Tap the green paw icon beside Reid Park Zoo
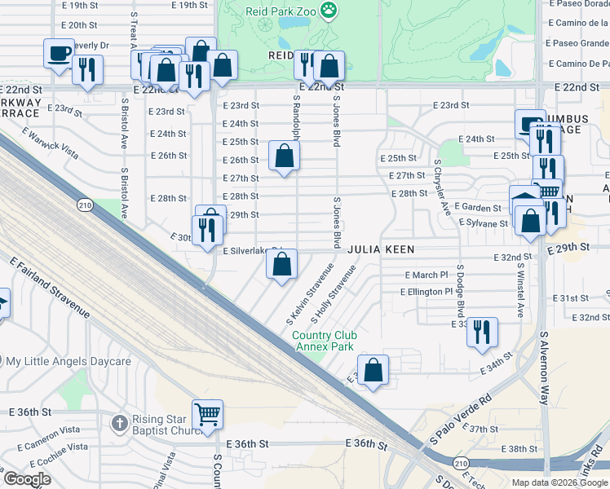(x=329, y=11)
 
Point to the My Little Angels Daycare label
(x=69, y=361)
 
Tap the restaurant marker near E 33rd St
(x=482, y=331)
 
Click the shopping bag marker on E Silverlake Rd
(x=281, y=263)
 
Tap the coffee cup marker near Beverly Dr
(x=59, y=53)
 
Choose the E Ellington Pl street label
(x=426, y=291)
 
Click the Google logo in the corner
(x=27, y=479)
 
